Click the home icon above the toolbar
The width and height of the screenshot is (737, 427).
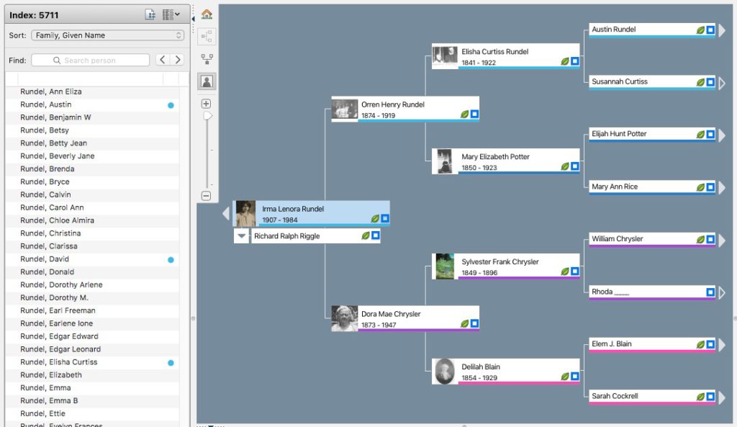(x=207, y=14)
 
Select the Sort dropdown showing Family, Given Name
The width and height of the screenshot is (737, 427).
(x=107, y=35)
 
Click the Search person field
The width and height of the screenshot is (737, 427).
(x=91, y=60)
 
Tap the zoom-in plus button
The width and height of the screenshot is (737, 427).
(x=206, y=104)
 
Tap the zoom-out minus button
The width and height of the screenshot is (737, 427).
(x=206, y=195)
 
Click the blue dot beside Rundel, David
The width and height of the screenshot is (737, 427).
(x=171, y=259)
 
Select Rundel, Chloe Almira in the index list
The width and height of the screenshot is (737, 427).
(x=58, y=220)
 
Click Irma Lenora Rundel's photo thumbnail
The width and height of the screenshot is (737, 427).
(x=245, y=214)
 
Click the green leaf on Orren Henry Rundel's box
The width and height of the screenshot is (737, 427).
(x=464, y=114)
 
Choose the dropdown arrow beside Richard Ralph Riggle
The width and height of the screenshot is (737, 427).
(x=241, y=236)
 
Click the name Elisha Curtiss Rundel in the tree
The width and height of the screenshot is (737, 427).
(x=495, y=52)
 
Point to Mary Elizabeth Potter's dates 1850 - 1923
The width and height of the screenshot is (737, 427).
(x=479, y=168)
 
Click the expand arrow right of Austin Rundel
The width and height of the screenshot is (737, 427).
(x=722, y=30)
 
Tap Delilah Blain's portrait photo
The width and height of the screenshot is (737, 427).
(x=445, y=372)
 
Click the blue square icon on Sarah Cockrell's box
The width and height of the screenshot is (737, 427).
(x=710, y=397)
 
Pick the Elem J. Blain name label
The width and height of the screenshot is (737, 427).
(x=612, y=344)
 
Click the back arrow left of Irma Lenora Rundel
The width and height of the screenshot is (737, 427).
(x=225, y=214)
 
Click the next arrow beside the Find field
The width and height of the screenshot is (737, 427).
(x=178, y=60)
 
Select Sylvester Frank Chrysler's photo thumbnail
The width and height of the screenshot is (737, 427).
(x=445, y=266)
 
